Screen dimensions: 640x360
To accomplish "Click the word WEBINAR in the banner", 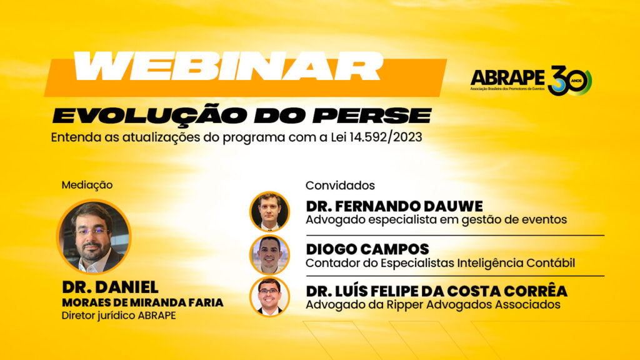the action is point(227,66).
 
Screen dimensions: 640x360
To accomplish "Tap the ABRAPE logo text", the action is point(507,77).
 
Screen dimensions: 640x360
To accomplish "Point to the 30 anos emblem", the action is point(569,80).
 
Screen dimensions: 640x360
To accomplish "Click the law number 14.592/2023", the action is point(385,137).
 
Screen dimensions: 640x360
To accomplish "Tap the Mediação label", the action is point(87,185).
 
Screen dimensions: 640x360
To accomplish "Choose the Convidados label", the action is point(340,185).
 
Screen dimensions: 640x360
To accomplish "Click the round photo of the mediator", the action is point(94,237).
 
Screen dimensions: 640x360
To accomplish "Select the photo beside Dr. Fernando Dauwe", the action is point(269,211).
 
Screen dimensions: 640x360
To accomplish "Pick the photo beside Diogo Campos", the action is point(269,255).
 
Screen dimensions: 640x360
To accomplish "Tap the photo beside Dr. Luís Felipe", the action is point(269,297).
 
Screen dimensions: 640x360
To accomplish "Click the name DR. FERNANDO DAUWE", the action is point(394,206).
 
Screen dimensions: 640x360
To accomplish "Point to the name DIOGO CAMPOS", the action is point(367,249).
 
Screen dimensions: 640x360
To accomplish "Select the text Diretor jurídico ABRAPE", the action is point(119,316).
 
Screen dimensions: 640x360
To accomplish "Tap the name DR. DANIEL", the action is point(110,287).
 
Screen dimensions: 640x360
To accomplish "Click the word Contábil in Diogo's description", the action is point(551,263).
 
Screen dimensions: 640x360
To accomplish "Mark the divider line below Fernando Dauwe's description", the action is point(455,236).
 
